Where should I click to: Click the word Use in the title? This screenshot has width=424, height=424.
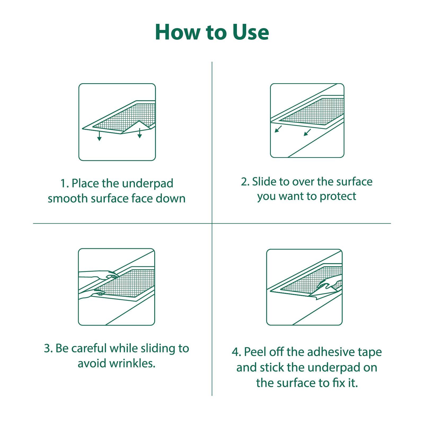pos(251,32)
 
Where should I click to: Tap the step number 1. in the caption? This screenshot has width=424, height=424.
pos(65,183)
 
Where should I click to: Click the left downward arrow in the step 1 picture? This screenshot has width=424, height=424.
pos(99,135)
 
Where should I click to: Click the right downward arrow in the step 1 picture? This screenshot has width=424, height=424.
pos(140,133)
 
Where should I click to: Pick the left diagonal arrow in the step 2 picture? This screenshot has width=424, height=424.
pos(278,129)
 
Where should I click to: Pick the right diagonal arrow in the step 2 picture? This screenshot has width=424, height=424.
pos(307,132)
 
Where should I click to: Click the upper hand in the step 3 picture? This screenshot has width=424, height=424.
pos(106,275)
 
